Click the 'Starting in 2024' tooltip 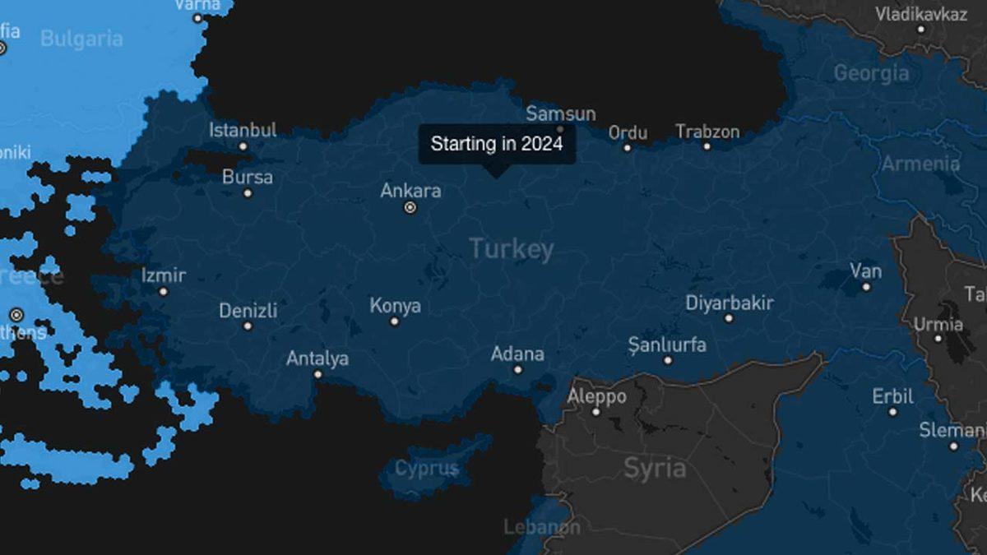[497, 144]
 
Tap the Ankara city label [410, 191]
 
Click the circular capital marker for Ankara [410, 208]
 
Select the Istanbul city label [243, 130]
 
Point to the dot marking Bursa [248, 193]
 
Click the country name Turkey [512, 249]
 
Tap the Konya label [395, 306]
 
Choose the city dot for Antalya [317, 374]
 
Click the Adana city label [517, 354]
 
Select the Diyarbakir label [730, 303]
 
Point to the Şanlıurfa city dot [668, 360]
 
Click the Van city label [866, 271]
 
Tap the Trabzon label [707, 132]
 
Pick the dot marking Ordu [627, 148]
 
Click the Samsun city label [561, 113]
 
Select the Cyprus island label [426, 469]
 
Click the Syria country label [655, 468]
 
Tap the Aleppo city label [597, 397]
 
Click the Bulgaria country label [81, 39]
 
